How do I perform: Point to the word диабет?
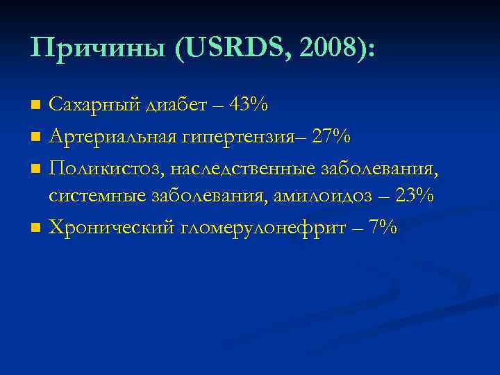[176, 105]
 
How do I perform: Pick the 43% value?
[249, 105]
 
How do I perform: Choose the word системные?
[97, 196]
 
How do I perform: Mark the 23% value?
[415, 196]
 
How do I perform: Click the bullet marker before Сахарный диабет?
[37, 106]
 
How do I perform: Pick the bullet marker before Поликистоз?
[37, 167]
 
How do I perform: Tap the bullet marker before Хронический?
[37, 227]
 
